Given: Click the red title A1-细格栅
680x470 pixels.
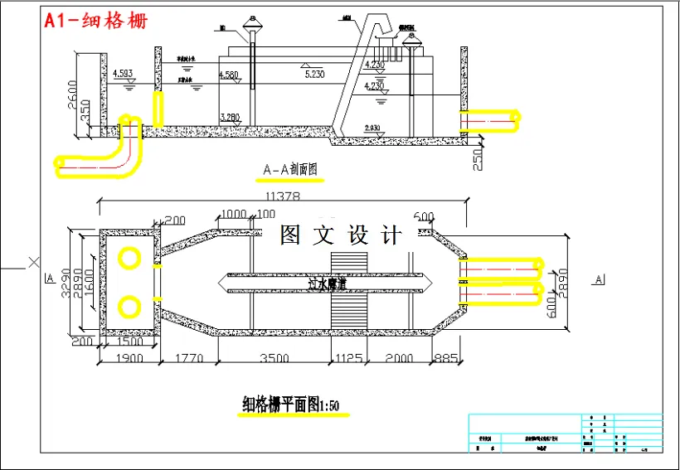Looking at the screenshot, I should click(x=96, y=21).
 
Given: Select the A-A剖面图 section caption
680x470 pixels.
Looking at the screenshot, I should click(x=290, y=171).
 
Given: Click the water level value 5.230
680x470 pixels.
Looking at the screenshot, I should click(x=314, y=75).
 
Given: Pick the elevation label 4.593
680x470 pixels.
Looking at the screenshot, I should click(x=123, y=74).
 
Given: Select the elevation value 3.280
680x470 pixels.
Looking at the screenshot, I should click(x=231, y=117).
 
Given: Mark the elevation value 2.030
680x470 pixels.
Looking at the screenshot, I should click(x=372, y=128).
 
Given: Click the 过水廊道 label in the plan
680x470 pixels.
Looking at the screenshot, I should click(x=327, y=283).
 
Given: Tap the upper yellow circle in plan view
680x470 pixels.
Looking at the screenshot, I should click(x=129, y=258).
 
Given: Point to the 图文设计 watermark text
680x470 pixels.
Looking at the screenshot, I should click(x=341, y=235).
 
